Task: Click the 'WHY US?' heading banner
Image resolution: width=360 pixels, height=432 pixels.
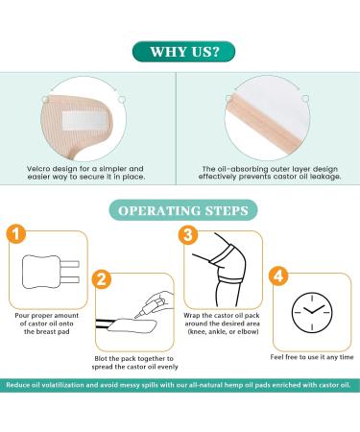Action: point(180,50)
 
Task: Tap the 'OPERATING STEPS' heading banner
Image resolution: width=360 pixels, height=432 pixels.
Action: point(180,209)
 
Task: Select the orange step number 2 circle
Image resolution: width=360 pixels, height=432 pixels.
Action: point(101,280)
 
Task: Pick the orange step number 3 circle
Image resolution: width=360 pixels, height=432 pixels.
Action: point(189,235)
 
